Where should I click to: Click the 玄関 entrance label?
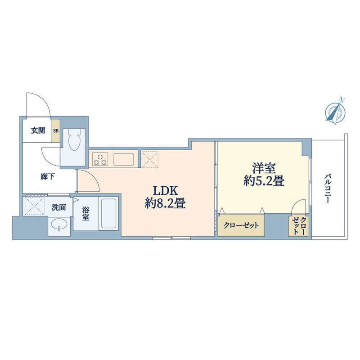point(38,130)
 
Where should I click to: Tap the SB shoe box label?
point(56,131)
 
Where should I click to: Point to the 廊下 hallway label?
point(48,177)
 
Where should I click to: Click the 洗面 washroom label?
point(59,207)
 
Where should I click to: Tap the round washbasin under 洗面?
point(59,224)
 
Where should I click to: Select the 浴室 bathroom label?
point(85,213)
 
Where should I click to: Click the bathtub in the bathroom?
point(108,213)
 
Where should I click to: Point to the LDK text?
point(165,190)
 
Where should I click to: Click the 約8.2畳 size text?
point(165,203)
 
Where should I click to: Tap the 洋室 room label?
point(264,168)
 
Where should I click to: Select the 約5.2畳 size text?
point(264,181)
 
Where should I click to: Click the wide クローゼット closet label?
point(241,225)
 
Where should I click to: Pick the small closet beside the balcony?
point(299,226)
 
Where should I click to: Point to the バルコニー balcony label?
point(328,189)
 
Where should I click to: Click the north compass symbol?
point(335,111)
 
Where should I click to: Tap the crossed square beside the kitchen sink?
point(150,159)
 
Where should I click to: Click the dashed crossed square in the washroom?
point(34,205)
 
